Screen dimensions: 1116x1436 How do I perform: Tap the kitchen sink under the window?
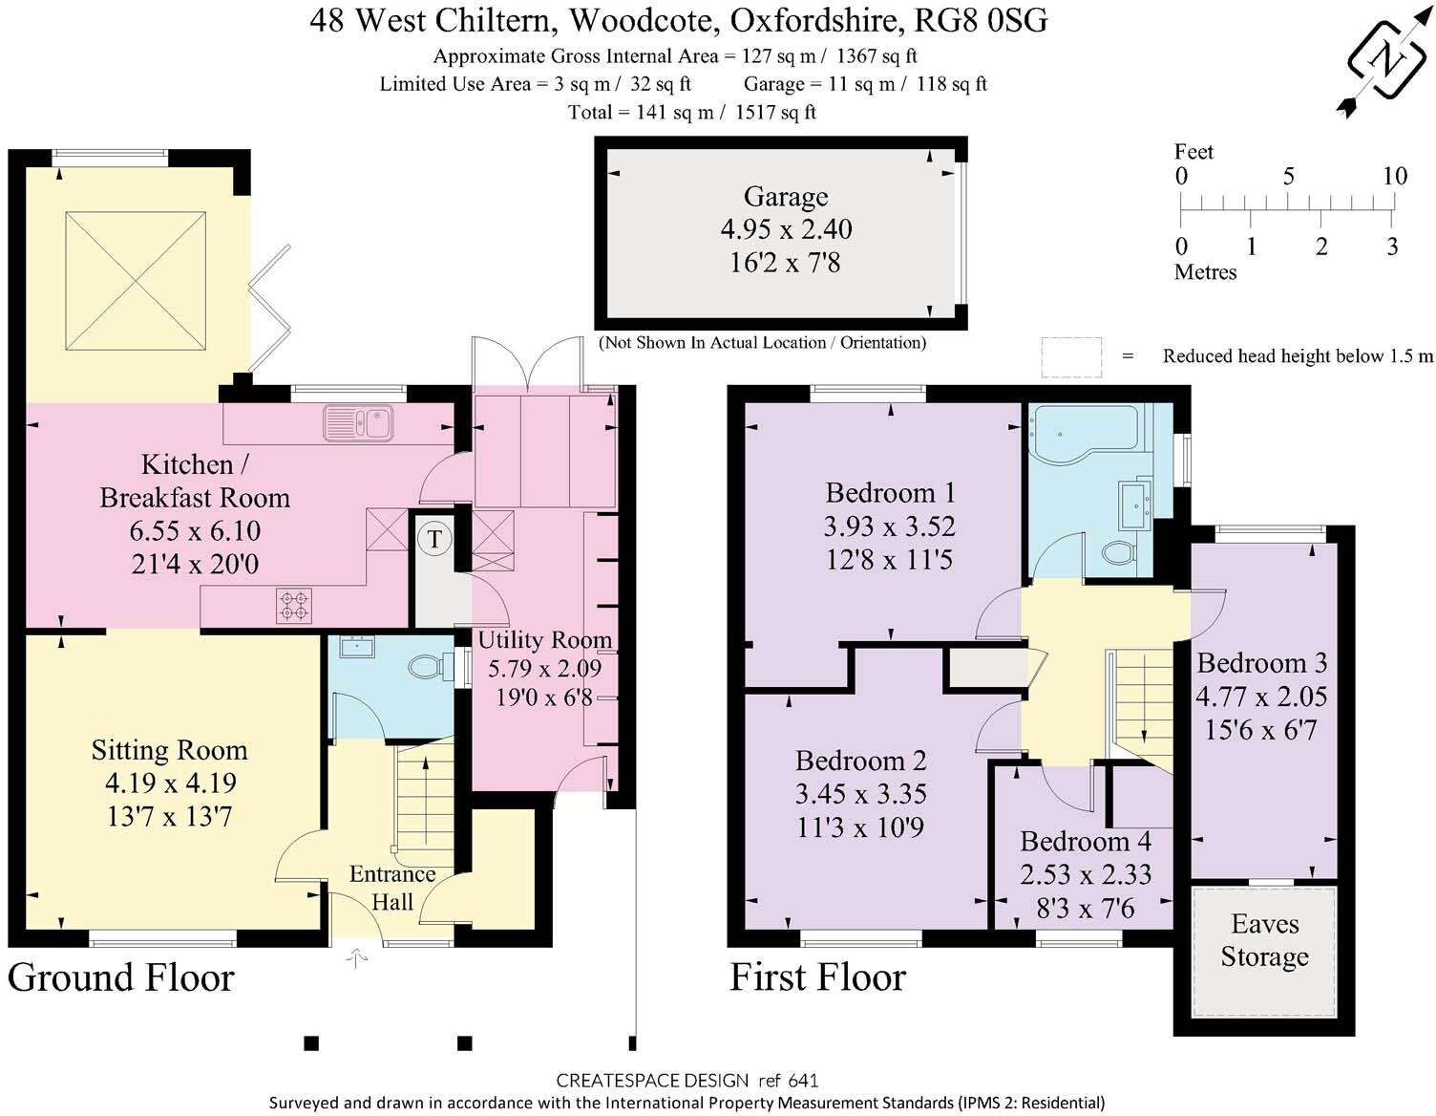click(358, 422)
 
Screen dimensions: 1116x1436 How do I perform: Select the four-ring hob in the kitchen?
click(294, 606)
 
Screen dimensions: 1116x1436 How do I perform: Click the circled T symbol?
click(433, 539)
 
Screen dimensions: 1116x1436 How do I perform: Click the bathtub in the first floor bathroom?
click(1086, 433)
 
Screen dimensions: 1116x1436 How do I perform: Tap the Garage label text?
click(786, 197)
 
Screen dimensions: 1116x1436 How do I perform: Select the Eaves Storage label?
click(1264, 940)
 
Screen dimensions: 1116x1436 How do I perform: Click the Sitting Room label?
click(169, 750)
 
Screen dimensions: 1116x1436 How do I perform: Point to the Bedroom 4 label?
click(1086, 842)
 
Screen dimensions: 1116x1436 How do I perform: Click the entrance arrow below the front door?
click(356, 957)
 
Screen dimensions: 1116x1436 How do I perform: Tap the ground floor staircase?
click(424, 798)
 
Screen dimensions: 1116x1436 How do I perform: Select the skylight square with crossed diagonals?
click(136, 282)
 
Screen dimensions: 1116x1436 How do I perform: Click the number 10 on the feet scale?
click(1394, 176)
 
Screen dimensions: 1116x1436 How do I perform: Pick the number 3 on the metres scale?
click(1392, 247)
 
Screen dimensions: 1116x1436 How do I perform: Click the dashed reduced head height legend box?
click(1071, 356)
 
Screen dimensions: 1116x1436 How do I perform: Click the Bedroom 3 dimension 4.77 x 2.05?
click(1260, 697)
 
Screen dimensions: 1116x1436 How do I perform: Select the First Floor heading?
click(817, 977)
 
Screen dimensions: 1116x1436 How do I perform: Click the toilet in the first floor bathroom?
click(1117, 552)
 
